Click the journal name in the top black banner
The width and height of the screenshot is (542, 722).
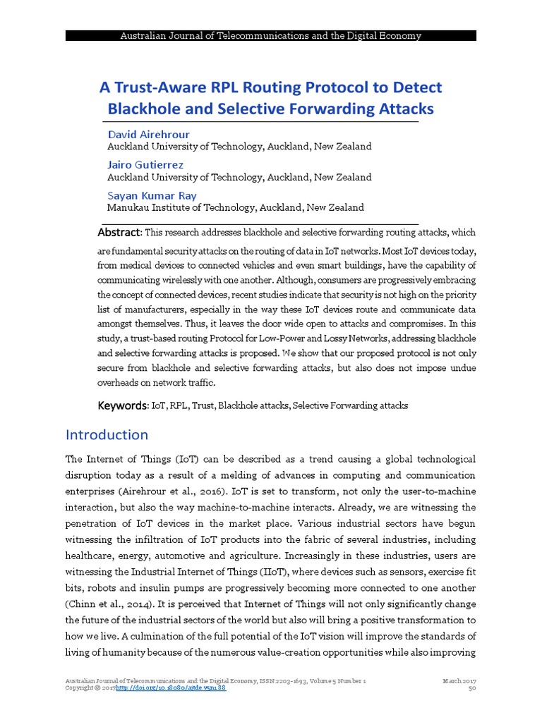point(271,35)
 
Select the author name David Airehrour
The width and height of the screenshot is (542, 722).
point(148,134)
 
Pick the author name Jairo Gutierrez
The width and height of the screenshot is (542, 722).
point(145,164)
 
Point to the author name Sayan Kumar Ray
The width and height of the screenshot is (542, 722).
point(152,195)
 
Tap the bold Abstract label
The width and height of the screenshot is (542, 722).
point(119,233)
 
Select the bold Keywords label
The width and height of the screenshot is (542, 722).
point(121,405)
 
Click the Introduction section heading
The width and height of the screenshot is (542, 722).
point(107,434)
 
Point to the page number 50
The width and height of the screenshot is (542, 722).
point(473,688)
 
